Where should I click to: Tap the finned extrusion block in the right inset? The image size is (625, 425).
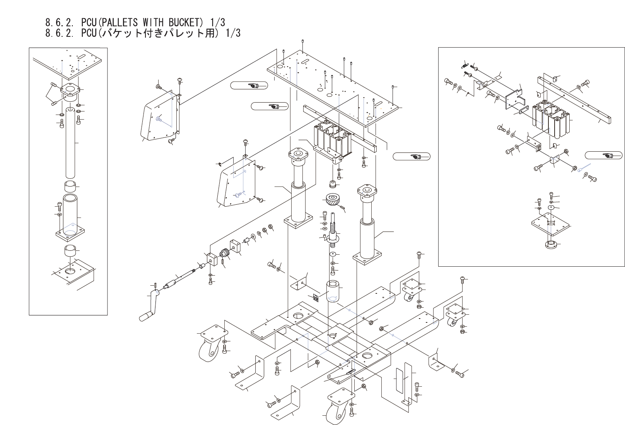551,120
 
